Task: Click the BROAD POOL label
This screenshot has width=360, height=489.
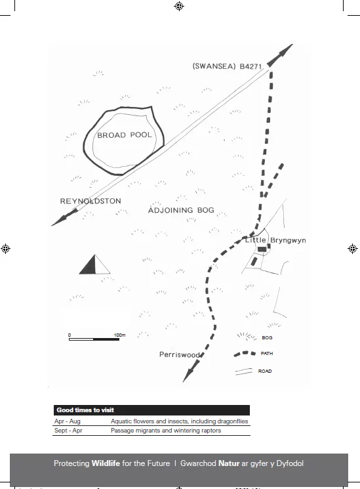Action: click(x=125, y=135)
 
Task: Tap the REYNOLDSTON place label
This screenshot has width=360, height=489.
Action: click(x=90, y=201)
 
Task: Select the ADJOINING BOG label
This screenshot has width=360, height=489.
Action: click(x=181, y=210)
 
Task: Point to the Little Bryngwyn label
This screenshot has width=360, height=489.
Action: click(x=275, y=240)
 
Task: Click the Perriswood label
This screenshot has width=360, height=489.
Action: click(x=180, y=354)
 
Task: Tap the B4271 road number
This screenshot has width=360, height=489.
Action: click(x=250, y=66)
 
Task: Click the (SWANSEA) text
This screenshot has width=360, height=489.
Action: click(x=214, y=66)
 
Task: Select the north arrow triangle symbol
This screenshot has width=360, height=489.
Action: click(x=94, y=265)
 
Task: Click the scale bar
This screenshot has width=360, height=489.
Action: click(x=94, y=339)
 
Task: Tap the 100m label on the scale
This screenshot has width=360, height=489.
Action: click(x=120, y=335)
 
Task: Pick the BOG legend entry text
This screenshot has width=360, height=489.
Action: click(x=267, y=337)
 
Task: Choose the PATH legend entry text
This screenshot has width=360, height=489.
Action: click(x=267, y=353)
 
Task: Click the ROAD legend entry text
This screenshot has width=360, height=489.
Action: click(x=265, y=371)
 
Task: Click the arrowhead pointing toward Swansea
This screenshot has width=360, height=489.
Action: click(x=280, y=55)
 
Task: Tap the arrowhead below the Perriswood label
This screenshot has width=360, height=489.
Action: click(x=191, y=370)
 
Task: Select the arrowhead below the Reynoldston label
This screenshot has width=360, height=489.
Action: click(x=64, y=217)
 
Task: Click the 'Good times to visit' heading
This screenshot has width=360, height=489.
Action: click(x=85, y=410)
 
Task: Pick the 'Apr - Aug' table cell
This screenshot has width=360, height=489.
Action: click(x=68, y=421)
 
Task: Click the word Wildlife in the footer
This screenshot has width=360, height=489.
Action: click(x=106, y=463)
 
